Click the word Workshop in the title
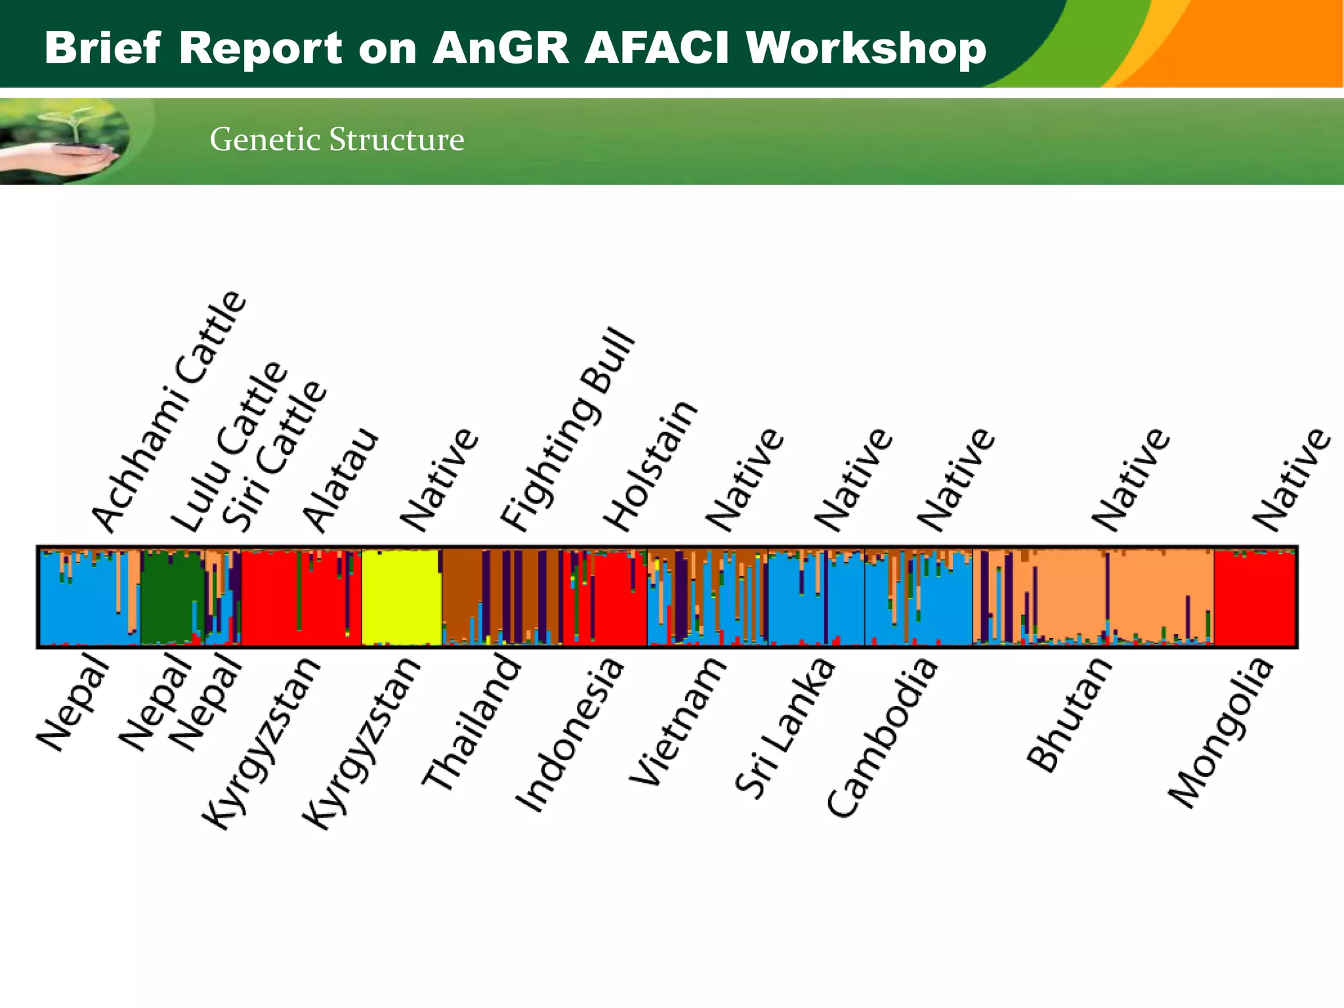pos(866,49)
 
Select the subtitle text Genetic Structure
pos(337,139)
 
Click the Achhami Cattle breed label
pos(169,412)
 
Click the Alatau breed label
pos(340,480)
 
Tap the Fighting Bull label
pos(568,430)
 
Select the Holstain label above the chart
pos(650,466)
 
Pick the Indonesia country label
pos(569,735)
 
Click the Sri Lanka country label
pos(785,728)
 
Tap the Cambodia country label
pos(882,738)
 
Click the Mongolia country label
pos(1221,733)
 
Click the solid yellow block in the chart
pos(400,597)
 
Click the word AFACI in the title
pos(656,49)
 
